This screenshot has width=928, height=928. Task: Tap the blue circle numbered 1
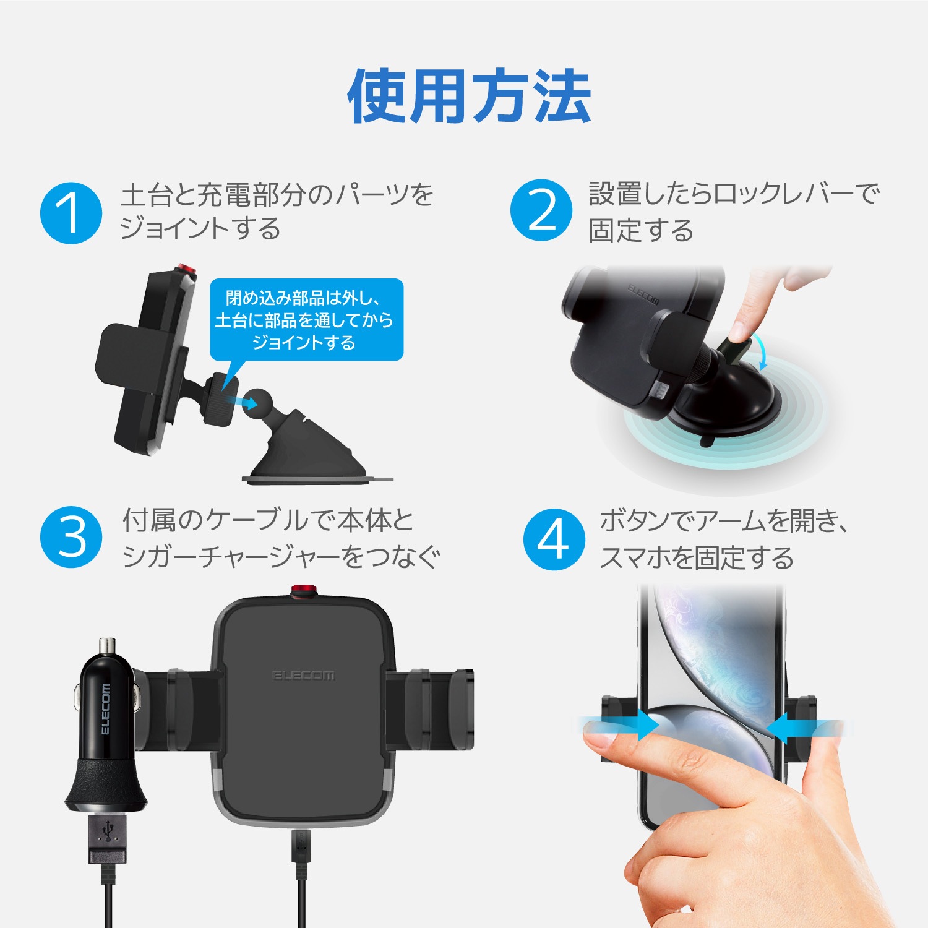(71, 213)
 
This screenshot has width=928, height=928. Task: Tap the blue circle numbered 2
(541, 210)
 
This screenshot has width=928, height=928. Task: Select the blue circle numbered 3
(71, 537)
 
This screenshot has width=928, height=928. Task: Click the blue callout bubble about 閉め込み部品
(306, 319)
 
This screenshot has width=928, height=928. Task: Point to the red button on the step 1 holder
(185, 270)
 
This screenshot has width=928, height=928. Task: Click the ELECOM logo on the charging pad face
(303, 675)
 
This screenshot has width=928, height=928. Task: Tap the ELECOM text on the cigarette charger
(105, 709)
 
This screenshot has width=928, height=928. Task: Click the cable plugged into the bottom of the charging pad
(301, 866)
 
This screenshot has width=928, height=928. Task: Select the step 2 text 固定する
(641, 230)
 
